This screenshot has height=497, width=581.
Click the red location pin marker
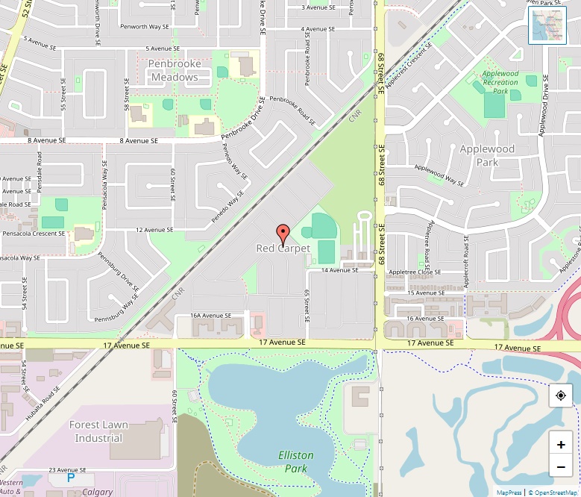click(283, 232)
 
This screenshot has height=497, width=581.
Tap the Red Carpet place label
click(283, 248)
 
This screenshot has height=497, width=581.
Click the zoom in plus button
click(561, 444)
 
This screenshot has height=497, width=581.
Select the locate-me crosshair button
click(561, 396)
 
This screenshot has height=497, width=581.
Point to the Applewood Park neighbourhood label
click(487, 155)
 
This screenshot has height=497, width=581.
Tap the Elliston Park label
click(296, 462)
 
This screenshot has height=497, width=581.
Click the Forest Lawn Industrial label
click(98, 431)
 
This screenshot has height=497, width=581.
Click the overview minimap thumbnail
click(547, 25)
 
